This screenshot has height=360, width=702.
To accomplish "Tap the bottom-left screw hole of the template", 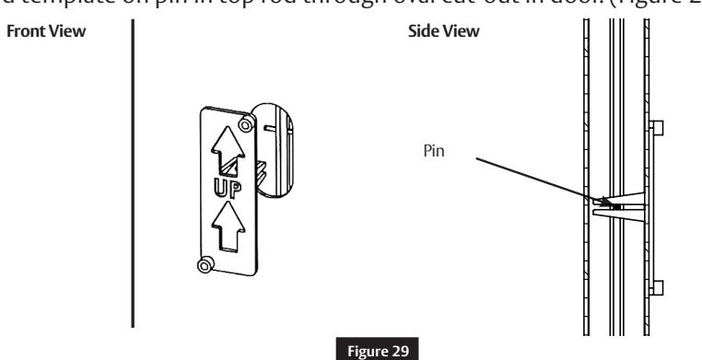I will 205,265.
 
